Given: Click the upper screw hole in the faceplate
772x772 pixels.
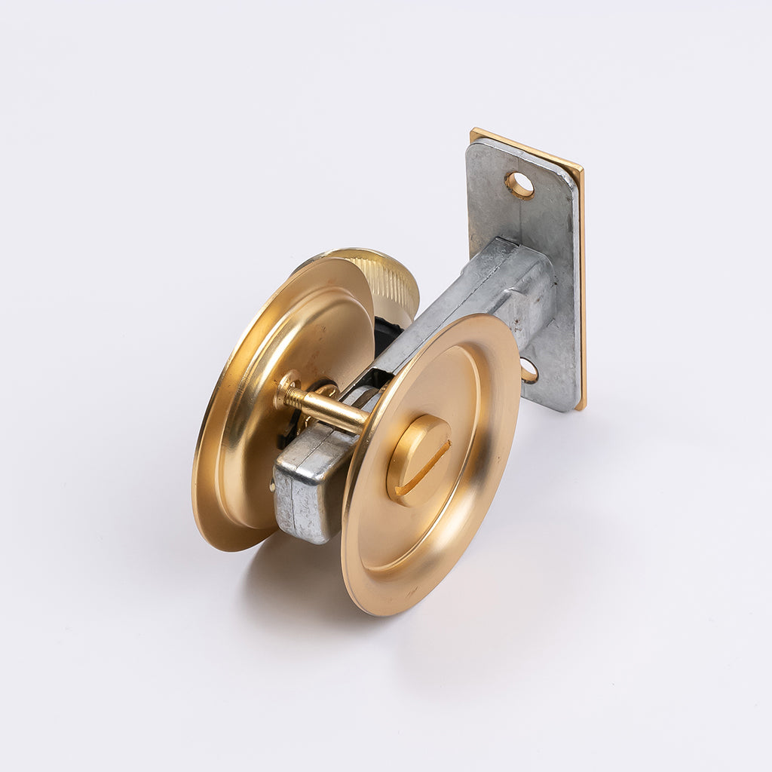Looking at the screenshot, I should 519,185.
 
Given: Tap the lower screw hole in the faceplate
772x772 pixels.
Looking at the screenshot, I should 528,370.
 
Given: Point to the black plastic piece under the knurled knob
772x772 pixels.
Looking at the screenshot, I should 384,335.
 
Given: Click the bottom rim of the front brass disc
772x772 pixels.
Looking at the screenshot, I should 392,607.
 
